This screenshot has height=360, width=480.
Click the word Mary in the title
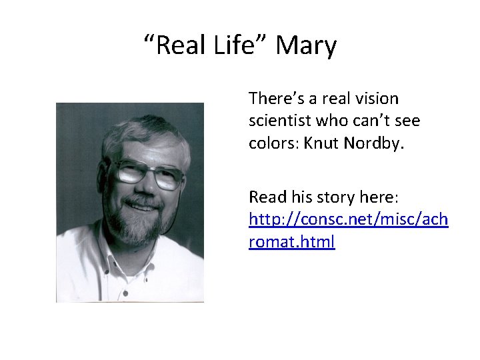click(x=306, y=46)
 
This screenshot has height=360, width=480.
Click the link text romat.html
click(x=291, y=241)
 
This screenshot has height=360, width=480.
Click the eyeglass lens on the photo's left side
click(x=129, y=173)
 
